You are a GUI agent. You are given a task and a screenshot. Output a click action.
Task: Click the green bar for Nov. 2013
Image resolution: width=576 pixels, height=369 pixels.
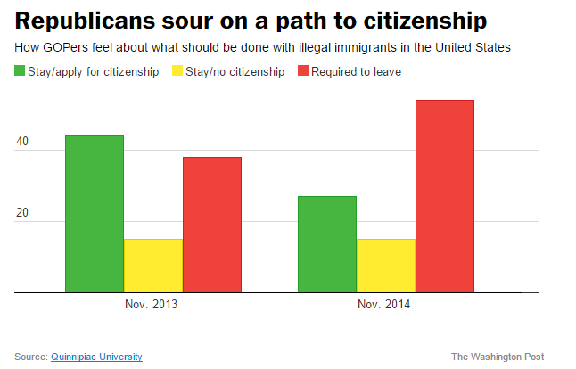click(95, 214)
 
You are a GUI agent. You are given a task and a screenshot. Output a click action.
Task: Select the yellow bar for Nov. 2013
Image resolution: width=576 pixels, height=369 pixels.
click(153, 265)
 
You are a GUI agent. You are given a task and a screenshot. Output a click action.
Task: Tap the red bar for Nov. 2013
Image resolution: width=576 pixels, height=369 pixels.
click(212, 225)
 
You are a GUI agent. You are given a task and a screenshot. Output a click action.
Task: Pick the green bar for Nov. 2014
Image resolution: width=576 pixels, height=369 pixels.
click(326, 244)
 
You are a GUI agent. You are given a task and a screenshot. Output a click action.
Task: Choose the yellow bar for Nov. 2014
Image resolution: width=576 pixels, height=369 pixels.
click(385, 265)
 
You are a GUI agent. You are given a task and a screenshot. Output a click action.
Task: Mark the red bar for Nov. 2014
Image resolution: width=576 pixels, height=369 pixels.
click(444, 196)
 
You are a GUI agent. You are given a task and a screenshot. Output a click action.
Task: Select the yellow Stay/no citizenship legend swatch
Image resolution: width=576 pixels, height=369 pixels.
click(177, 71)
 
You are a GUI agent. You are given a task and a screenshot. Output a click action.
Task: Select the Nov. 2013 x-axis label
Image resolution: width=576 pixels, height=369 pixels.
click(153, 305)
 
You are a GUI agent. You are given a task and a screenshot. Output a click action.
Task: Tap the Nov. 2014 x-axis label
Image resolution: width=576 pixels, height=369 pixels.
click(385, 305)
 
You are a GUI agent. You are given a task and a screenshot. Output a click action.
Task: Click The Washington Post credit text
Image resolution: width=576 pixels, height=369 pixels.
click(498, 357)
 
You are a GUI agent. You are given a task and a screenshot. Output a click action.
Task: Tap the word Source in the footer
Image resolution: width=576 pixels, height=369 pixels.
click(29, 357)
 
